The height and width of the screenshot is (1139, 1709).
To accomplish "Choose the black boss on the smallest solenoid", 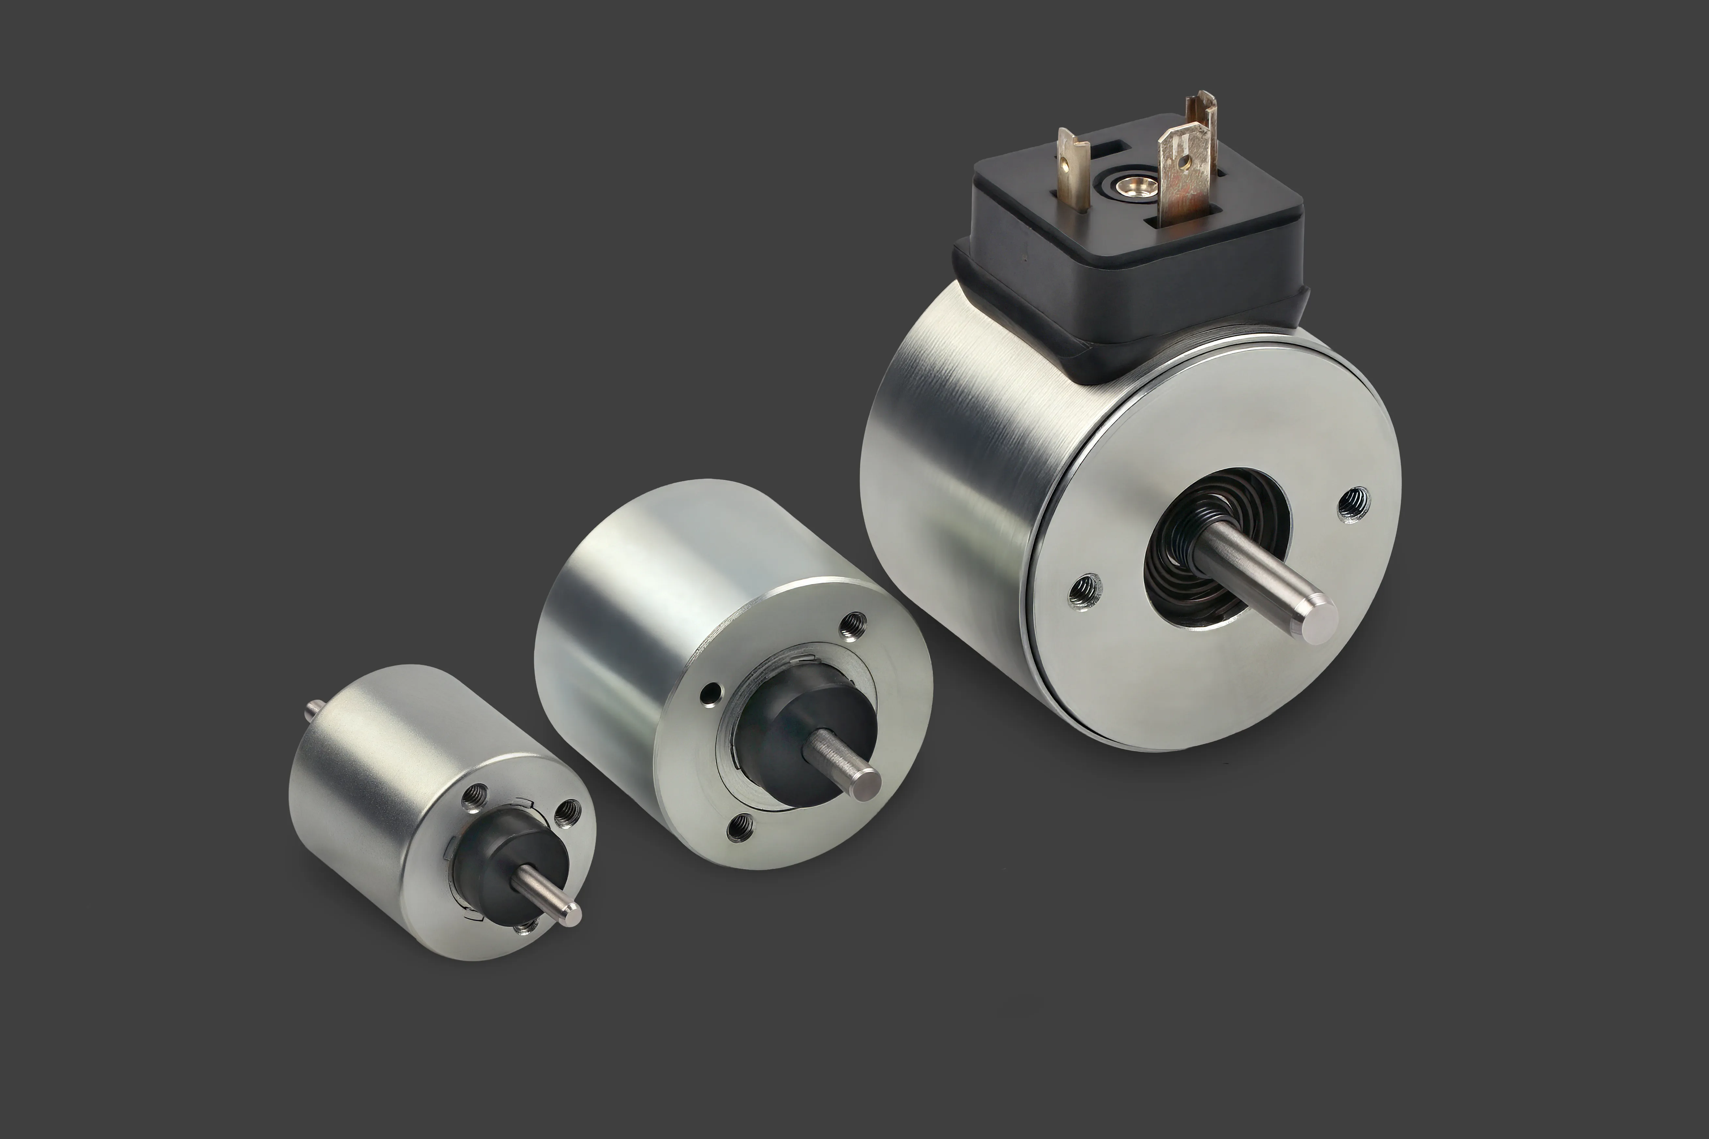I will click(x=501, y=850).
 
